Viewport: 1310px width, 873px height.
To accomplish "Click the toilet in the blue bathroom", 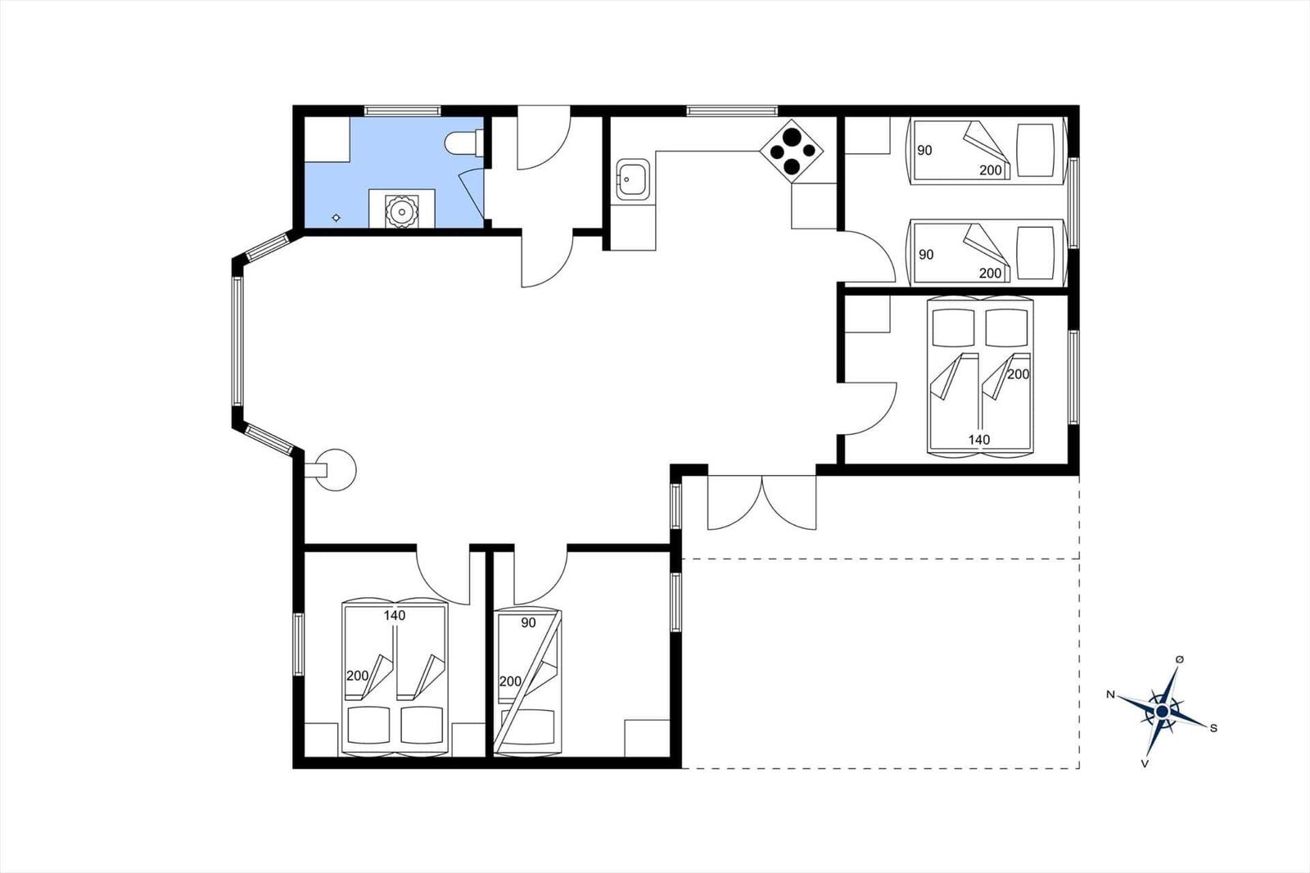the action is [x=463, y=142].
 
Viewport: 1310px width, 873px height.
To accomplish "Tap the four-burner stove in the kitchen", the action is [x=791, y=151].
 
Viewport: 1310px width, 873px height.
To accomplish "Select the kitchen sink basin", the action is [x=632, y=179].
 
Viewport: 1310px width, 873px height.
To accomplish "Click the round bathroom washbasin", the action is [x=402, y=211].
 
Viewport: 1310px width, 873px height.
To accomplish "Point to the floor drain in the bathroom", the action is [x=337, y=218].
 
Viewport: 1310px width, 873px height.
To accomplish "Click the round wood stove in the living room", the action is [x=335, y=469].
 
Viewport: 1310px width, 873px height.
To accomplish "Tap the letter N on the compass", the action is [x=1110, y=694].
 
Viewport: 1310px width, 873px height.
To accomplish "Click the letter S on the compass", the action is [x=1213, y=728].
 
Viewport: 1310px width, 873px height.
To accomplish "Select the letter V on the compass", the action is [x=1145, y=763].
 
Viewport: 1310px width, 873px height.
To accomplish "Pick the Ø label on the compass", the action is [x=1180, y=659].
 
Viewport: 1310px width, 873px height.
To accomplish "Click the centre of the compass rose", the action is [x=1162, y=711].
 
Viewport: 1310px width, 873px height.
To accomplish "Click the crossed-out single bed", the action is [x=527, y=681].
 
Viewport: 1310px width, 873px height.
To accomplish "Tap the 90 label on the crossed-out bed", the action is [x=528, y=623].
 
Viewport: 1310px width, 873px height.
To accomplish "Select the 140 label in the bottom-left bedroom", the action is [x=395, y=616].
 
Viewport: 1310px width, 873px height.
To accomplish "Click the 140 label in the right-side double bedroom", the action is [x=979, y=440].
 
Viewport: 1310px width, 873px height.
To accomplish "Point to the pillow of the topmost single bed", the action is [x=1035, y=151].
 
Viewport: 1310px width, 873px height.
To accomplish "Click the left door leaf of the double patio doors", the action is [x=734, y=503].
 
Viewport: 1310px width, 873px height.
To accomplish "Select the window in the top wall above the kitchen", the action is [x=732, y=111].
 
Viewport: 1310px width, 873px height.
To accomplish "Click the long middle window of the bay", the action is [x=237, y=342].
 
